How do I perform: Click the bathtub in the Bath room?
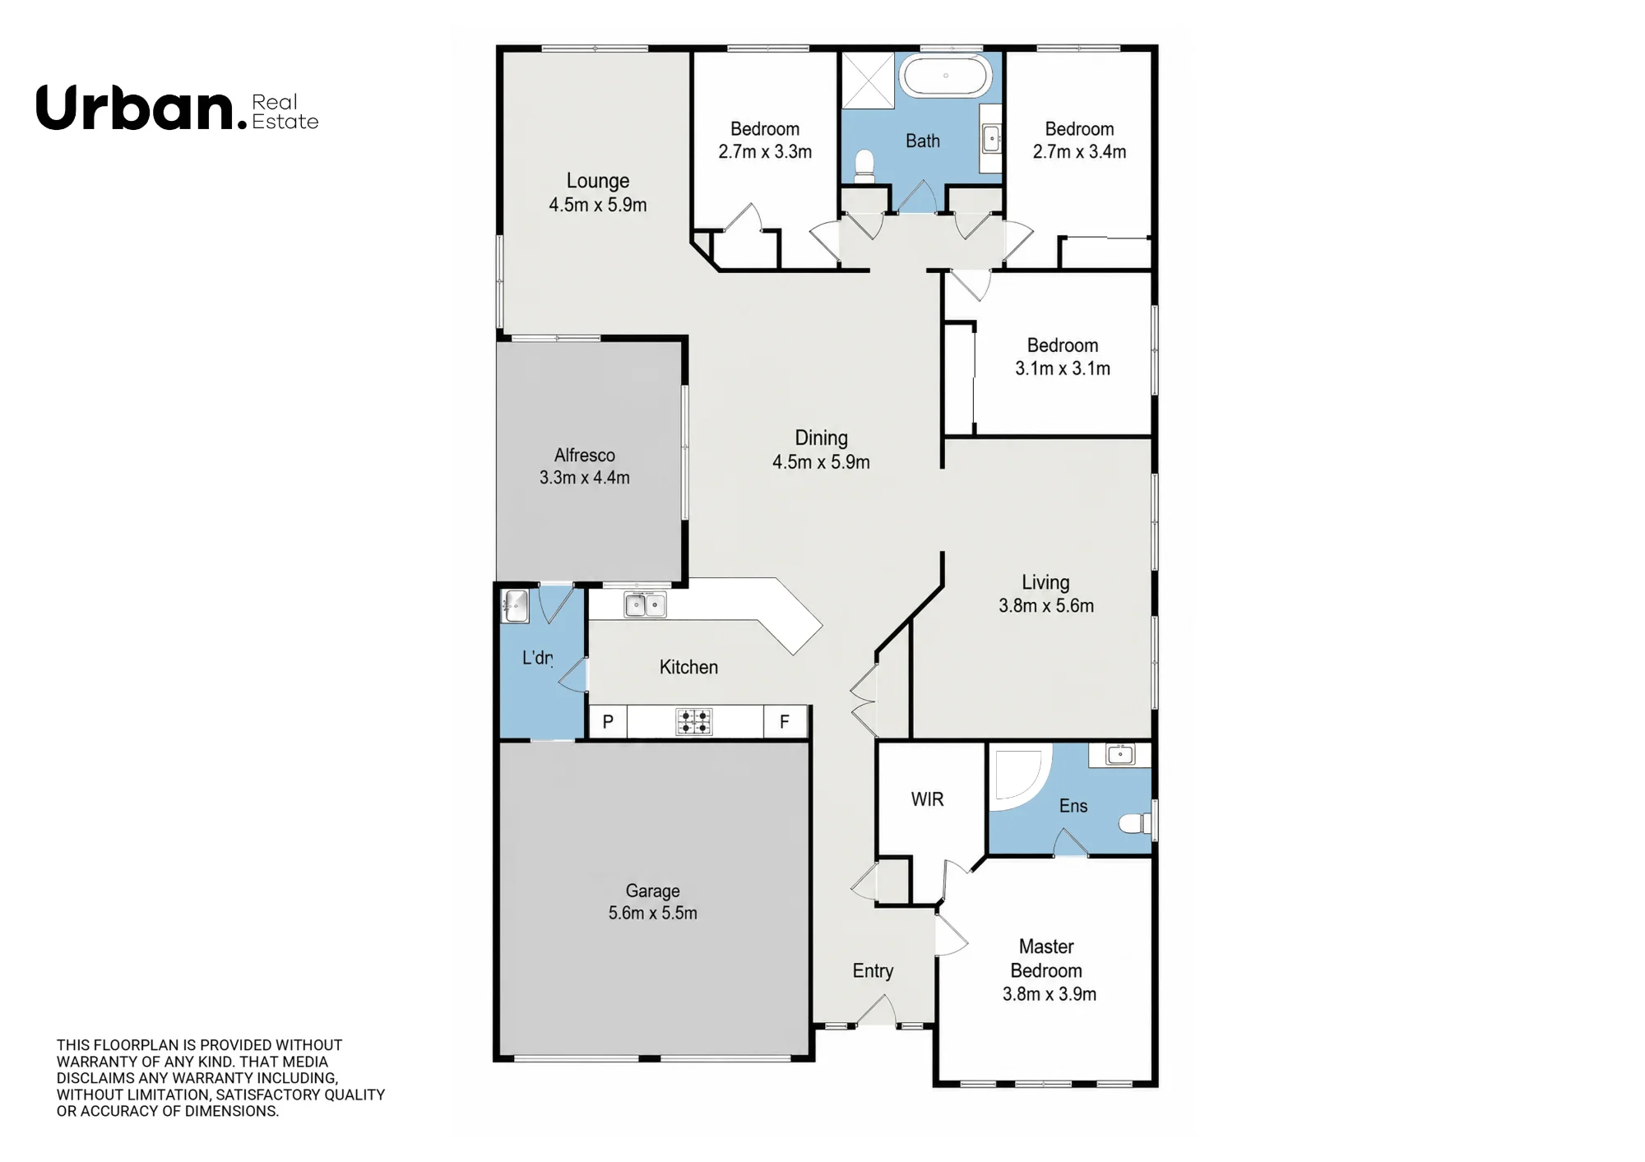tap(946, 76)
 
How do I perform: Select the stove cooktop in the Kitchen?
tap(694, 722)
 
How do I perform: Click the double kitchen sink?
tap(645, 605)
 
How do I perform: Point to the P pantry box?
tap(608, 722)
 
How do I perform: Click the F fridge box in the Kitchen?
tap(785, 722)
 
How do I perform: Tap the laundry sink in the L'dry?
tap(515, 606)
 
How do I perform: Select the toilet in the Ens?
tap(1136, 823)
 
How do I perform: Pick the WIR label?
tap(927, 799)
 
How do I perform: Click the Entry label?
tap(873, 971)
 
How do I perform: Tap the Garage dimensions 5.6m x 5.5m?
tap(653, 913)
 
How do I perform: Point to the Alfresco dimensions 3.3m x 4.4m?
tap(585, 478)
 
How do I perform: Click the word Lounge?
tap(598, 181)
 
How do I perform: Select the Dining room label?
tap(821, 438)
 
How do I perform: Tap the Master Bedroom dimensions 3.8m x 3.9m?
tap(1050, 994)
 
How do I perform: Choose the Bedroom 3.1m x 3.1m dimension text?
tap(1063, 368)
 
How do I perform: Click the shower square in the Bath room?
tap(868, 81)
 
